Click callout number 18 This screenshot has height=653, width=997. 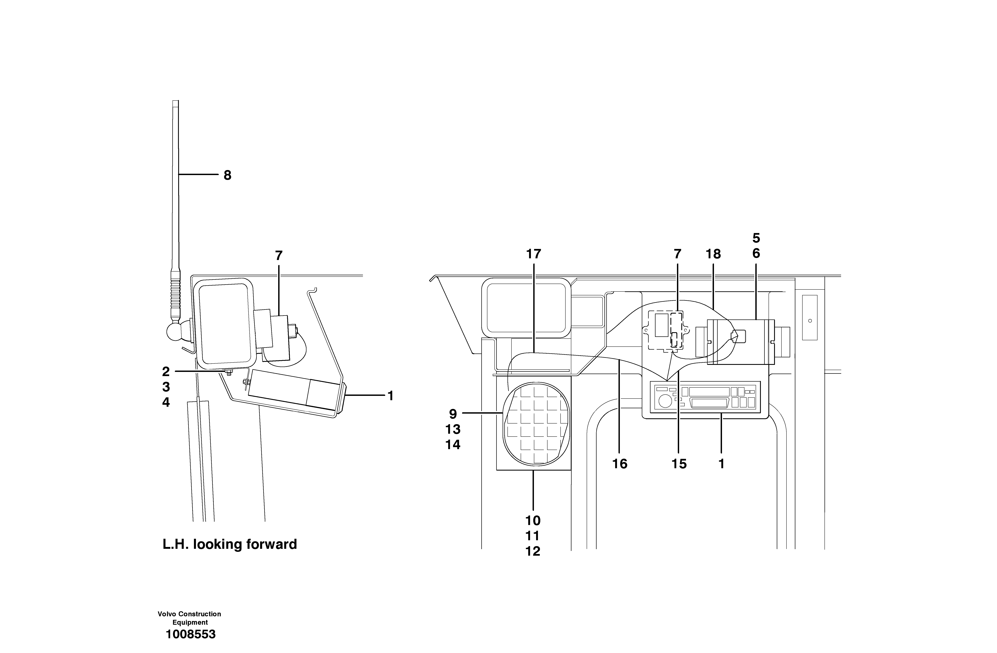tap(713, 254)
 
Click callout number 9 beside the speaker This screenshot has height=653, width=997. tap(453, 414)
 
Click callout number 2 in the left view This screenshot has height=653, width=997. tap(166, 371)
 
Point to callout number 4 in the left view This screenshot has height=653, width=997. tap(166, 402)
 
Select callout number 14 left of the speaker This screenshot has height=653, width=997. tap(453, 445)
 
